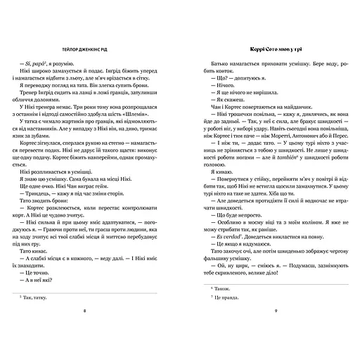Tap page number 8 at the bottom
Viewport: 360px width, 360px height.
click(84, 330)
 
